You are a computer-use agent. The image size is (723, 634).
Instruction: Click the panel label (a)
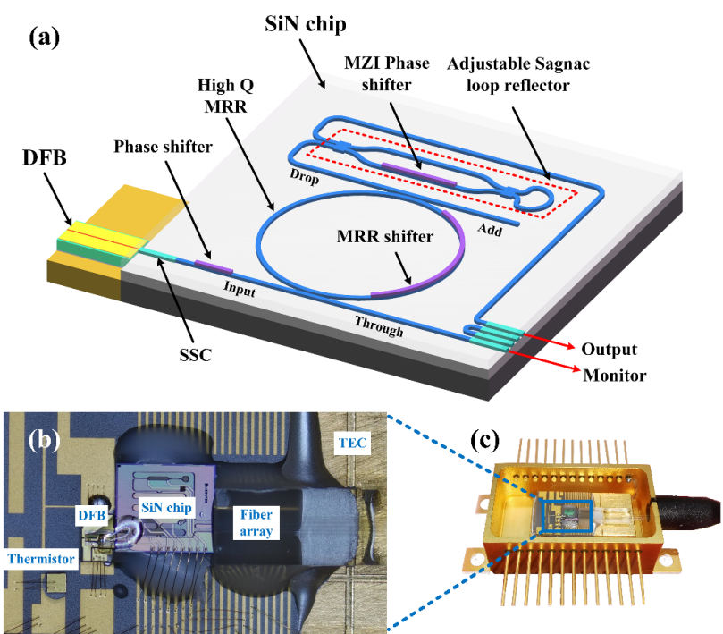[44, 37]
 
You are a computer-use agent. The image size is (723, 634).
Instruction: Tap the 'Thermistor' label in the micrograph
[38, 557]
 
